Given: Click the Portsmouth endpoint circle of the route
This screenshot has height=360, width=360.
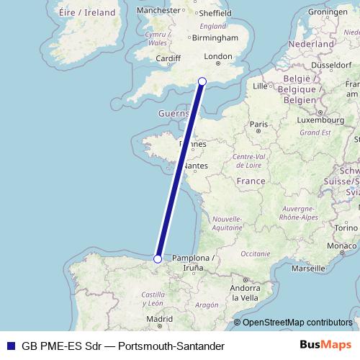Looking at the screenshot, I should click(x=202, y=81).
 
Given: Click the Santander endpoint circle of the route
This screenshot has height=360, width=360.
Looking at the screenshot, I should click(x=158, y=258).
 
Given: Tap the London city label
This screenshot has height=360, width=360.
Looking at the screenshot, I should click(x=218, y=57).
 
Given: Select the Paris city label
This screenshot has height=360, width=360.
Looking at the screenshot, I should click(x=258, y=124).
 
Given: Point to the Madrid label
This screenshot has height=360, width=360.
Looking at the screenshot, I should click(x=159, y=318).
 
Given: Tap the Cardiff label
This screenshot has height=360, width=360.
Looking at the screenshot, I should click(x=167, y=58).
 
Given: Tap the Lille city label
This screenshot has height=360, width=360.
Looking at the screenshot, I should click(x=261, y=86).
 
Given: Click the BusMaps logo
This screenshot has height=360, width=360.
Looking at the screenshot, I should click(x=325, y=345).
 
